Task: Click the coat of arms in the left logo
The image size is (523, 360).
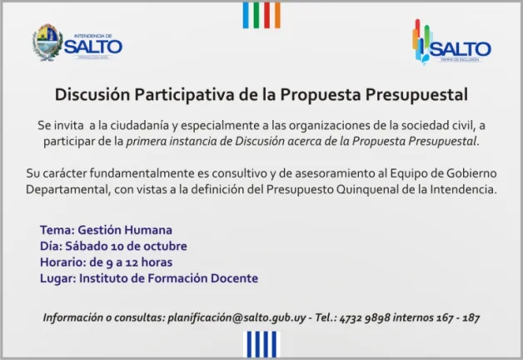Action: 47,42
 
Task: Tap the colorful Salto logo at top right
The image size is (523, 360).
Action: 451,42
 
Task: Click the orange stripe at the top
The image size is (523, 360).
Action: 277,15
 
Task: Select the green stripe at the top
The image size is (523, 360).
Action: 257,15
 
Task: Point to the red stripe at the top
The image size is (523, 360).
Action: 266,15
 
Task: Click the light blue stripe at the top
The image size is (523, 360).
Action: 246,15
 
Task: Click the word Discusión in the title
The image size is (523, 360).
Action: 92,94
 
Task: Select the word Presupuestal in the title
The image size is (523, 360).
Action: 416,95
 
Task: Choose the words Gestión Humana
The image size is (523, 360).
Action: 125,230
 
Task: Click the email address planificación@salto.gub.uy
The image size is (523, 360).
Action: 237,317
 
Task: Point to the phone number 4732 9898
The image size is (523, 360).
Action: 365,317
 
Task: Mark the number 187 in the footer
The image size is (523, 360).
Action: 471,317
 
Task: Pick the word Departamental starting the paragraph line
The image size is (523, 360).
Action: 68,189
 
